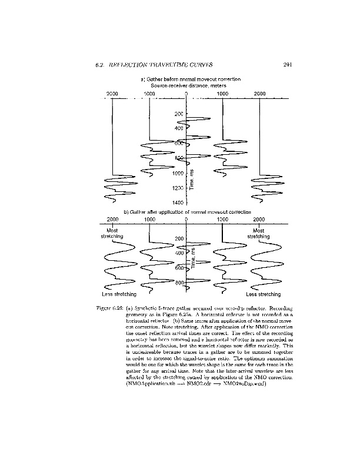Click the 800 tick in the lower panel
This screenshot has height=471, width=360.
pyautogui.click(x=178, y=283)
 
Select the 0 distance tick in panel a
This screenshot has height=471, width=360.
pyautogui.click(x=186, y=94)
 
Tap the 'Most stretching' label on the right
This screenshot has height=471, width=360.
pyautogui.click(x=258, y=234)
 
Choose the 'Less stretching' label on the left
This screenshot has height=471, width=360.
pyautogui.click(x=119, y=294)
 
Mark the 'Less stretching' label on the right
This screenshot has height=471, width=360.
pyautogui.click(x=263, y=294)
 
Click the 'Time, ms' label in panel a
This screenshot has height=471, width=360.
pyautogui.click(x=192, y=179)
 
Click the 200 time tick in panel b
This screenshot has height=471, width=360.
pyautogui.click(x=179, y=238)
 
